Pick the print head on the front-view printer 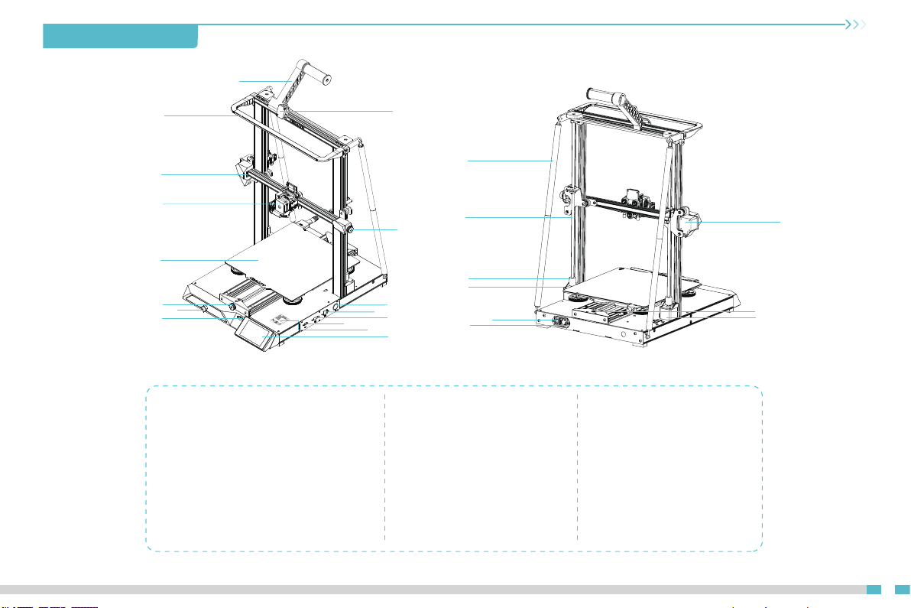click(281, 203)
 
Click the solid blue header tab click(121, 36)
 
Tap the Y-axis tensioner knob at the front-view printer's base click(229, 306)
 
